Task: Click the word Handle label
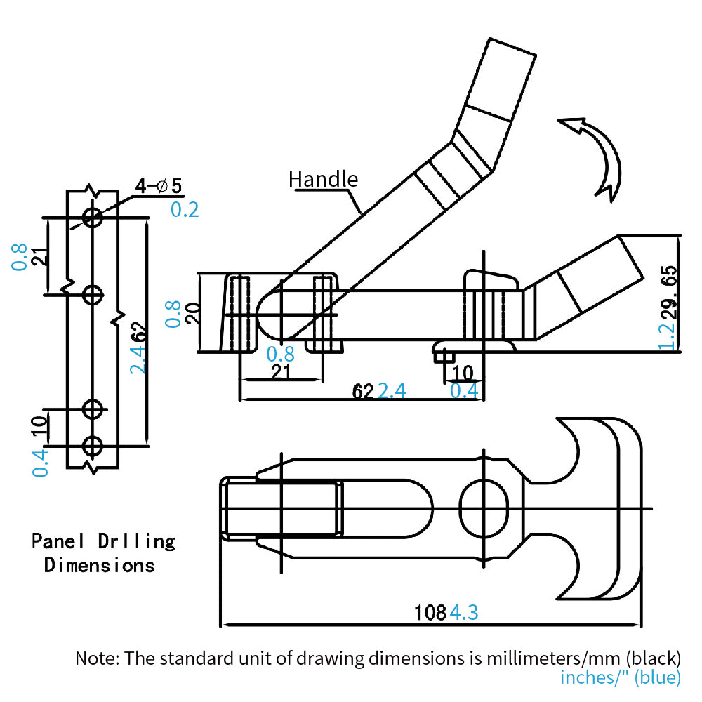323,179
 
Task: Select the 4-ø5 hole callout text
159,186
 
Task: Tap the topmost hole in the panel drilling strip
93,218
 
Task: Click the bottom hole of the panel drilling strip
93,445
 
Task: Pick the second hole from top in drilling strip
93,296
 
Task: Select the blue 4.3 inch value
463,612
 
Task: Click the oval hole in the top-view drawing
484,508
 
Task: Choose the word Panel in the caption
58,541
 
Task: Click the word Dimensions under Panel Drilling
99,564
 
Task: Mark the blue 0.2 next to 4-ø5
185,209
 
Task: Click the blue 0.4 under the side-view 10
464,390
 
